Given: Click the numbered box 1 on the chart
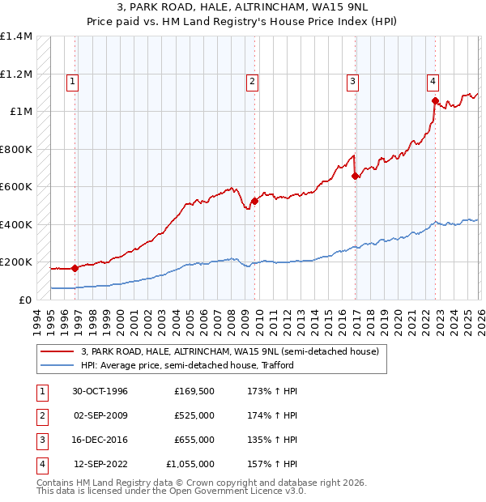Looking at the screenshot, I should point(73,80).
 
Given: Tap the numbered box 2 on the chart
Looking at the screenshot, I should point(253,80).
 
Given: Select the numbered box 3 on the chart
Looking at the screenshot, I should point(353,80).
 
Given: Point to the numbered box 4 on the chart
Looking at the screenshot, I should point(433,80).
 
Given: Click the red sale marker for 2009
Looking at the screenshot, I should point(254,201).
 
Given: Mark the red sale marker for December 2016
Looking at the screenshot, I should point(356,176).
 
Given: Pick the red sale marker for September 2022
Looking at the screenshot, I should point(435,101).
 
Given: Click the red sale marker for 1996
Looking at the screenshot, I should point(75,268).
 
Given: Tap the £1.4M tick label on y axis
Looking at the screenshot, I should point(16,36).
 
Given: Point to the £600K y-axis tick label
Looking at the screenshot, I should point(16,187).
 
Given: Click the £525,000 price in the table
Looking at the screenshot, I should point(194,415).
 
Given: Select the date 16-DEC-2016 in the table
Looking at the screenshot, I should point(100,440).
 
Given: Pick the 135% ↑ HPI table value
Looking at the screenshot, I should point(270,440).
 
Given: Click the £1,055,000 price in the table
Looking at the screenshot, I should point(190,464).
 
